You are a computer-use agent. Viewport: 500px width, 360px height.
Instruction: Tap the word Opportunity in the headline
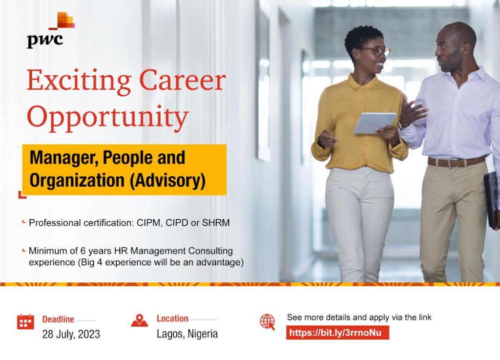pos(108,118)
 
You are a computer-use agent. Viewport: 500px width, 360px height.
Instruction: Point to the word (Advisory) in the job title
pos(167,180)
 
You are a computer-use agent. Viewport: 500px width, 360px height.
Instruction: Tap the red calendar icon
pos(25,321)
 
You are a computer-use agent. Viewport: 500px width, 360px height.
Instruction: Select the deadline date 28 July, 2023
pos(71,334)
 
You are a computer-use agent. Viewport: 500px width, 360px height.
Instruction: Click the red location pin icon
pos(139,320)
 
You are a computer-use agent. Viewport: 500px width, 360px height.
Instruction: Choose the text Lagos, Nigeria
pos(187,334)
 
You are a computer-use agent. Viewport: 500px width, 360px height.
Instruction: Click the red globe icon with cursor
pos(267,322)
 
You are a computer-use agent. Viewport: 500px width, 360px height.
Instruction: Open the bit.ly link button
pos(337,333)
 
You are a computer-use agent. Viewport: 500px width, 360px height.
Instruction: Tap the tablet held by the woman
pos(375,123)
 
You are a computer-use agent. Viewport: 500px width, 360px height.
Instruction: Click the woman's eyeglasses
pos(377,51)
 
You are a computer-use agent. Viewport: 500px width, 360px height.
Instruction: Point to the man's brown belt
pos(457,162)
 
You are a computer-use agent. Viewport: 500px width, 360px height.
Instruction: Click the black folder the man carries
pos(491,200)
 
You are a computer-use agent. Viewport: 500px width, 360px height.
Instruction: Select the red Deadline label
pos(58,319)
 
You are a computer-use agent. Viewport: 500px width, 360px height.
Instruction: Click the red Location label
pos(172,318)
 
